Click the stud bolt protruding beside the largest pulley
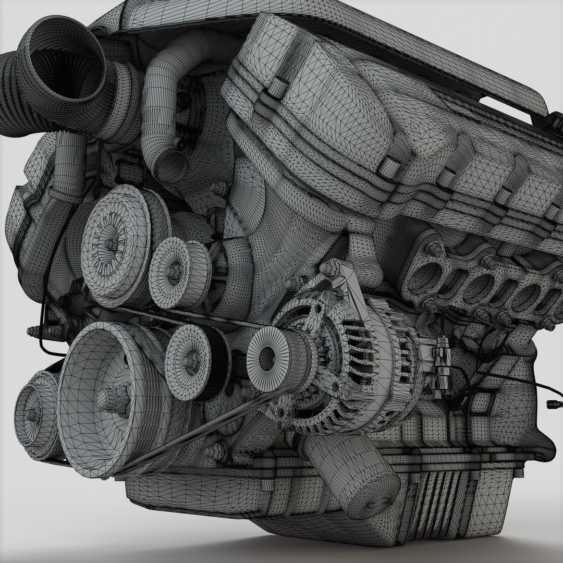[36, 332]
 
